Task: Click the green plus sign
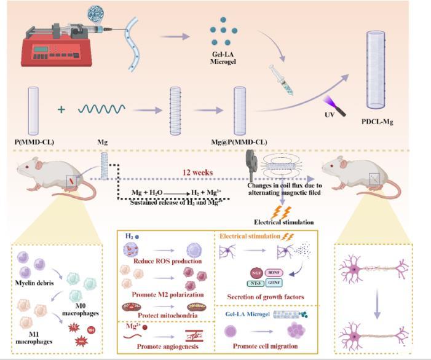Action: click(x=61, y=110)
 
